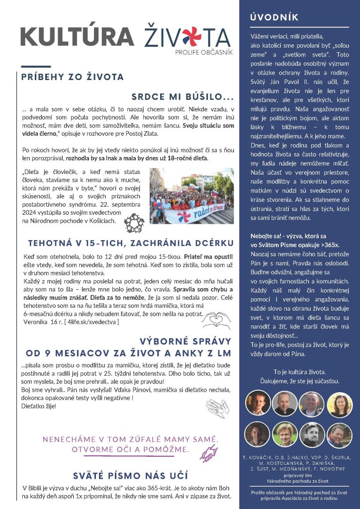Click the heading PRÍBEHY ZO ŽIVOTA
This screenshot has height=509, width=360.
pos(73,77)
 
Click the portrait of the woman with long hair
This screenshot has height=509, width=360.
pos(340,403)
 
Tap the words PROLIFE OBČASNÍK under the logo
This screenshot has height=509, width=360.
pos(204,52)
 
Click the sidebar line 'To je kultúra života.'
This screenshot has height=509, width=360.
pos(299,371)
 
